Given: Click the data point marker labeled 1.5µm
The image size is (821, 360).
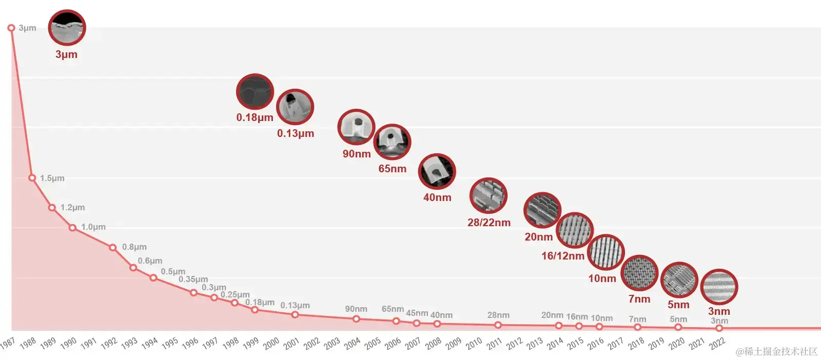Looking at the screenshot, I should point(32,178).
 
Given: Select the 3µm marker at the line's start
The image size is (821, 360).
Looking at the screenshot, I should point(11,28).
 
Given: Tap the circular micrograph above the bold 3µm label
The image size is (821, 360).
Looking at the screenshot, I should point(67,28).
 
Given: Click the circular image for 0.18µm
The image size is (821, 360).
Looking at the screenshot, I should point(255,92).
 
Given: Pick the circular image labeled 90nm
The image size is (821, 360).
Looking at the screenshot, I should point(356,127).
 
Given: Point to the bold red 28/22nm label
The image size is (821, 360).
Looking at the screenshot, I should point(488,223).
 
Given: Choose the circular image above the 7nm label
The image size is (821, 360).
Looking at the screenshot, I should point(639,273).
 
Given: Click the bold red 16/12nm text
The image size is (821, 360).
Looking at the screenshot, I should point(562,256).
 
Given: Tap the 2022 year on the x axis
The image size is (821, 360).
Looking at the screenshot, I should point(717,343).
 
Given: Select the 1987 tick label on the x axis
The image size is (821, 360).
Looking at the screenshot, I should point(7,343).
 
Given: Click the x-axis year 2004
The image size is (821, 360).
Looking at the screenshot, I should point(352,343).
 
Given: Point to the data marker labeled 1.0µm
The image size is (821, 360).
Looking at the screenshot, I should point(72,227).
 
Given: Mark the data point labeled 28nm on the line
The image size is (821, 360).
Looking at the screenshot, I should point(498,325).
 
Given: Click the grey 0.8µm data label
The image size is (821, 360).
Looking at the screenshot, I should point(134,247).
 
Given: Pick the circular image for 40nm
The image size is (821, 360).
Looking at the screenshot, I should point(437,171).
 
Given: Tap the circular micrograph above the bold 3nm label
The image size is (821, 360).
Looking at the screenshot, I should point(719,287).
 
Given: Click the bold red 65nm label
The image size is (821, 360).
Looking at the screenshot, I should point(392,169).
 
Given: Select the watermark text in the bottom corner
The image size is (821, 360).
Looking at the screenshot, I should point(776,351).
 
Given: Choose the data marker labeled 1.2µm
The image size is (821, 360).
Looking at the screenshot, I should point(52,208).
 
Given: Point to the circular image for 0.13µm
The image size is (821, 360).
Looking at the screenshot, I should point(295,107).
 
